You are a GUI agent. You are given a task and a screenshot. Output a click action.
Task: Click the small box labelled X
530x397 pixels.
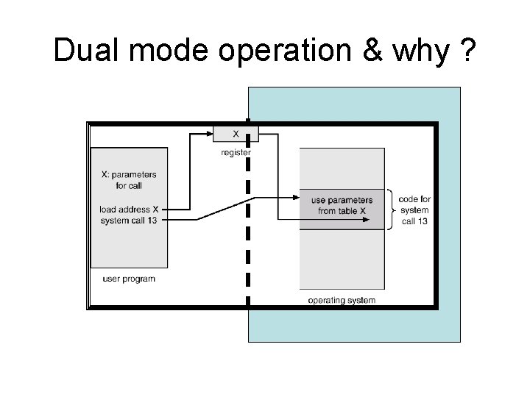coord(236,134)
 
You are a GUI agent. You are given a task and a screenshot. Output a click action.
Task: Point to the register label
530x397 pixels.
coord(236,153)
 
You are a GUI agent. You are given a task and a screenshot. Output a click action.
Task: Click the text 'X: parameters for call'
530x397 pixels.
coord(128,180)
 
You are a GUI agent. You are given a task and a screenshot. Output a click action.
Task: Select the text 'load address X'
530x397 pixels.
coord(129,210)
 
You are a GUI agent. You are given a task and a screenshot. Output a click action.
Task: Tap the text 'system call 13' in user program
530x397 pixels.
coord(129,221)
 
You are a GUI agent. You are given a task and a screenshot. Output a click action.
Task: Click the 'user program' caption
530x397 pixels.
coord(129,279)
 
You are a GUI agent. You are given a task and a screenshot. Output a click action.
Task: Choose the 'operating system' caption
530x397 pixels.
coord(342,300)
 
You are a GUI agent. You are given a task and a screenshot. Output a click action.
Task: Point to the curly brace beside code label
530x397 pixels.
coord(392,210)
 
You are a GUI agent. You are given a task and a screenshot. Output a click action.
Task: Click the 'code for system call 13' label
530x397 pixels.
coord(414,210)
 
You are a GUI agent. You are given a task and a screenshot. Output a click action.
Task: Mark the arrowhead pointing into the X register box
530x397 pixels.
coord(209,134)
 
